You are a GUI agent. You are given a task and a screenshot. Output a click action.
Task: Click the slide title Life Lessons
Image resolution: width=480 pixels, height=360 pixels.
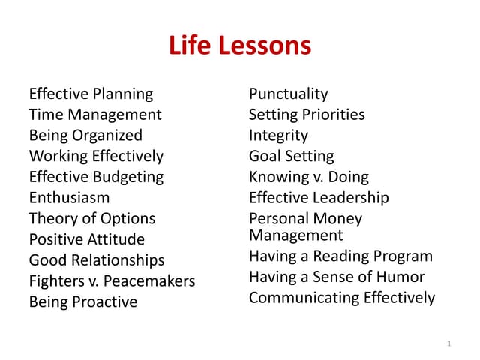(240, 46)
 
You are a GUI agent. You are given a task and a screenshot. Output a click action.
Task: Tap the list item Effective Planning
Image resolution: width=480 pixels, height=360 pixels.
(91, 94)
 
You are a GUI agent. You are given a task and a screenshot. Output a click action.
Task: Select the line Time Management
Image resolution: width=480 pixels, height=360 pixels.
(95, 115)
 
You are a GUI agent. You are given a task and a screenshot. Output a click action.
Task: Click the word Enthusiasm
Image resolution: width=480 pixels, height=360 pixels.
(69, 198)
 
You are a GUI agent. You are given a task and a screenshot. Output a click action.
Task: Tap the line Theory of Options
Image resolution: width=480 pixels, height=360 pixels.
(92, 219)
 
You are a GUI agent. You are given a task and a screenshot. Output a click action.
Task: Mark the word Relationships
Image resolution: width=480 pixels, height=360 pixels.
(116, 261)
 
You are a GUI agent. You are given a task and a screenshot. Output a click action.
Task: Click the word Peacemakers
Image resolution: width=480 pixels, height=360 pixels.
(150, 281)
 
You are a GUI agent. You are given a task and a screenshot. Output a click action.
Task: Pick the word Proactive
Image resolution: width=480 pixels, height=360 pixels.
(104, 302)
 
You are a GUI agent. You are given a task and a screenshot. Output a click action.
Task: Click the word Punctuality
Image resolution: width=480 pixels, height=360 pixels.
(288, 94)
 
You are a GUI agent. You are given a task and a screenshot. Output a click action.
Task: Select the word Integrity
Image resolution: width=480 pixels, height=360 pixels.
(278, 136)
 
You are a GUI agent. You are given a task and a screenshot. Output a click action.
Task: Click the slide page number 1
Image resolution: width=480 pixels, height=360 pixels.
(448, 343)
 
